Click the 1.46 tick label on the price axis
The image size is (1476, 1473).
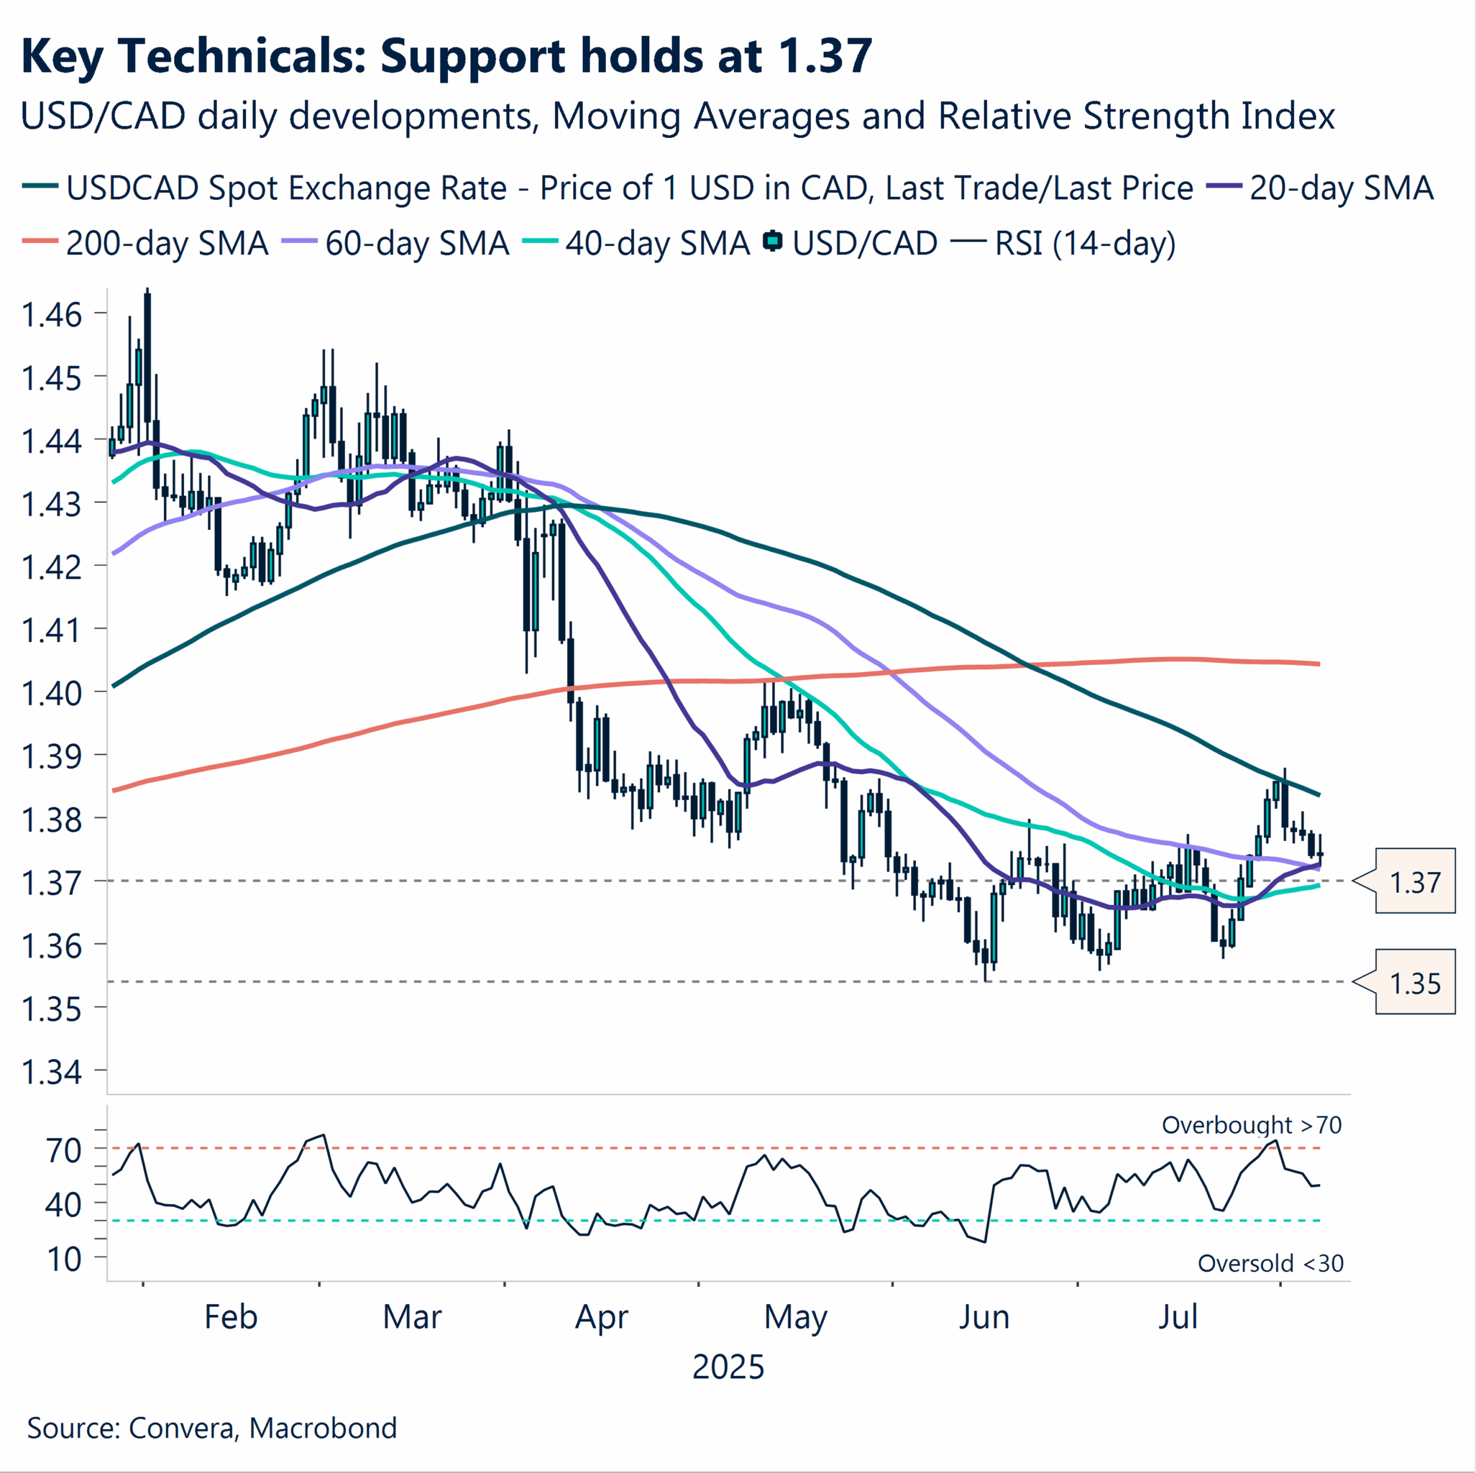point(51,314)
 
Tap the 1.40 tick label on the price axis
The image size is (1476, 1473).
point(51,693)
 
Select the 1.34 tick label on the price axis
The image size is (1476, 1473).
point(51,1072)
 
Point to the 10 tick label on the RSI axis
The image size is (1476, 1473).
point(64,1259)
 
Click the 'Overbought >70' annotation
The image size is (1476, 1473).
point(1251,1125)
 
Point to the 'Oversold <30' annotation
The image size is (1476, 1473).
point(1270,1264)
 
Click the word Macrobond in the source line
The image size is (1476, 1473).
point(322,1427)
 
